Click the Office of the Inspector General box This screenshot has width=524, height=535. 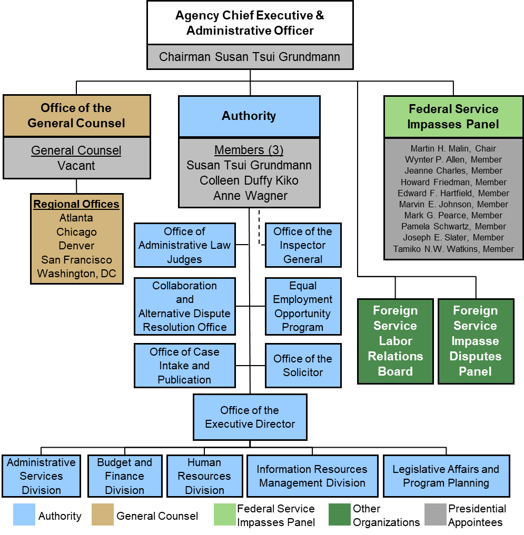[303, 245]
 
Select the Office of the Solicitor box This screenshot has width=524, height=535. [303, 366]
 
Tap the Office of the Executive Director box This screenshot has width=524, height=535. [250, 417]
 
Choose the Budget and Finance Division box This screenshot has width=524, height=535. [124, 476]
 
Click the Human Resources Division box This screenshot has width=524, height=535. [204, 476]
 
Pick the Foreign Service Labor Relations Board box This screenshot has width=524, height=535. [395, 341]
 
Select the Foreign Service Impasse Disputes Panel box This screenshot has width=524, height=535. [476, 341]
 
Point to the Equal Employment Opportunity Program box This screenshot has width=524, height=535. [303, 306]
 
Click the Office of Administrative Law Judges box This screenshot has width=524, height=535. [184, 245]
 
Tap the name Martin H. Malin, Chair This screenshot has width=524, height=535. [453, 149]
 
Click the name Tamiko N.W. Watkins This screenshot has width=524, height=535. [453, 249]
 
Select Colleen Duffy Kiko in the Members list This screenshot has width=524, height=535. [249, 180]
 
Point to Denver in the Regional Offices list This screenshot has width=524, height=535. [77, 246]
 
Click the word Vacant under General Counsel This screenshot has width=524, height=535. [76, 166]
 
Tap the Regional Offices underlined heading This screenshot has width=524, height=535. [76, 204]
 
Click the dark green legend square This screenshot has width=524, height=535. [339, 514]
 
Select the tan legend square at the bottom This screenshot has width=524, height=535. [103, 514]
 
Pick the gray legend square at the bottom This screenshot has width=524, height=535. [435, 514]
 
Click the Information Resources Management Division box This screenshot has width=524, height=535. [312, 476]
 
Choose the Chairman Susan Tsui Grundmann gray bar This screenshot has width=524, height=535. [250, 57]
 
